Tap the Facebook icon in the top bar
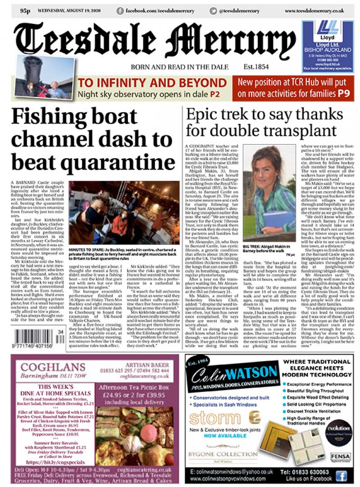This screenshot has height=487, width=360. (120, 10)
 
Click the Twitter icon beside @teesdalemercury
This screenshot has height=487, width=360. (213, 10)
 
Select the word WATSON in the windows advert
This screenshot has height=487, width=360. (251, 374)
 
